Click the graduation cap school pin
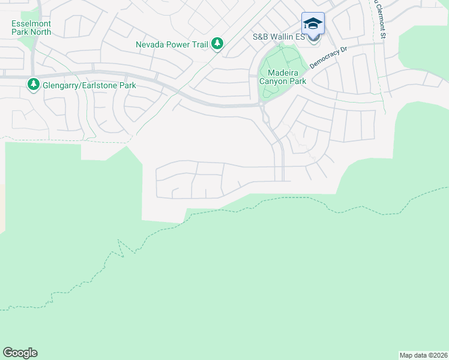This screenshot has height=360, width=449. pos(313,23)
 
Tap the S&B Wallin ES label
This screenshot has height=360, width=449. pos(279,37)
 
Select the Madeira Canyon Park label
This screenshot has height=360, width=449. pos(283,77)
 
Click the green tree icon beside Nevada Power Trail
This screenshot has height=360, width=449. pos(217,44)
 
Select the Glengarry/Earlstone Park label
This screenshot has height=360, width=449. pos(89,85)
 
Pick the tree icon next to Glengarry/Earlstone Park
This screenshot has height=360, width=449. pos(33,85)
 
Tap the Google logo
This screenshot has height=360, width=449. pos(20,353)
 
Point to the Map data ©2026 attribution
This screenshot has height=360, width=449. pos(423,355)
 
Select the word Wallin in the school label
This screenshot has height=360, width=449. pos(283,37)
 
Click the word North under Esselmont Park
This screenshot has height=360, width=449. pos(40,32)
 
